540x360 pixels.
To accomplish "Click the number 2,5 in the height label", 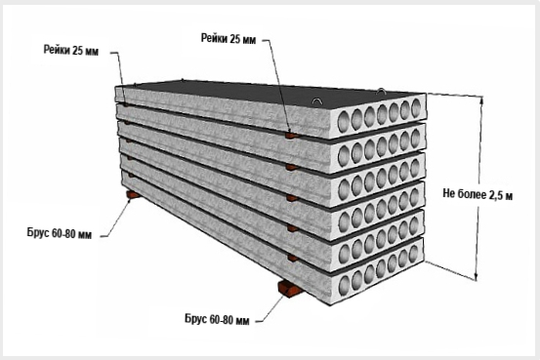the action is pos(494,195).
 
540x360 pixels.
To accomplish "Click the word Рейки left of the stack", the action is pos(58,50).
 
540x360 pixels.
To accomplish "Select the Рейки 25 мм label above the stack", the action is pos(228,39).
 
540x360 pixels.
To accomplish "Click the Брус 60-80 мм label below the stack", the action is pos(217,319).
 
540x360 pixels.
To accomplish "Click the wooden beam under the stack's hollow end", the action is pos(289,289).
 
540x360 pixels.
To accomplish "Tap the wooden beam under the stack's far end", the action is pos(133,195).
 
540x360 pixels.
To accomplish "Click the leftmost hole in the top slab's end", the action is pos(344,123).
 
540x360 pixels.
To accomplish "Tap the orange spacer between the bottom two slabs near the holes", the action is pos(293,258).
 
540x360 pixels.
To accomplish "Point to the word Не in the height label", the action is pos(448,193).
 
